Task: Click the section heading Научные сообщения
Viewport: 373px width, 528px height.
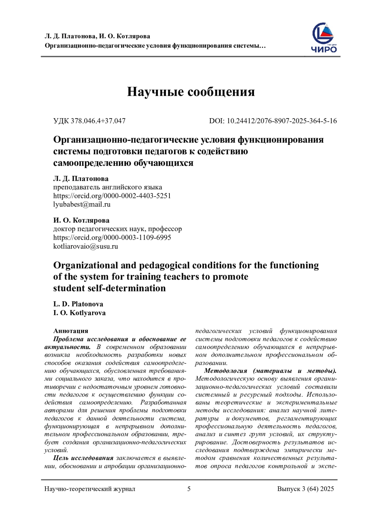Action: point(191,92)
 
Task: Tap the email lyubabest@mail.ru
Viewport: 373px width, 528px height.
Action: point(82,204)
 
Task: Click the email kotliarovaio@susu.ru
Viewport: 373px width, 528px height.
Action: point(85,246)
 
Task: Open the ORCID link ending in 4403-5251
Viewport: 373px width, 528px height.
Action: point(112,196)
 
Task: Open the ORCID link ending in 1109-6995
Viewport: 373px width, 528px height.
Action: point(112,238)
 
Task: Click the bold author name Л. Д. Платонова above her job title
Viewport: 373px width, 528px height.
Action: point(81,179)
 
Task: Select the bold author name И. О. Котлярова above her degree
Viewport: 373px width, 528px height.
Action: point(81,220)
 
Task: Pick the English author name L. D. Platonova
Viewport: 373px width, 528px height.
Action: point(78,304)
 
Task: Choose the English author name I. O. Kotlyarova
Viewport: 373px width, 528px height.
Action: point(79,313)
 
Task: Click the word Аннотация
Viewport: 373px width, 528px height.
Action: point(71,331)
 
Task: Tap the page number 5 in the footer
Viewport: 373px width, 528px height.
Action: point(189,489)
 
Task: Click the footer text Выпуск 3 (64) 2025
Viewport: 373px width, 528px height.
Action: point(305,489)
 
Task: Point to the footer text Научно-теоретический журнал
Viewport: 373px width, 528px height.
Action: point(90,489)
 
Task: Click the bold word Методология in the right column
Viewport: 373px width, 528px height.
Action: point(226,371)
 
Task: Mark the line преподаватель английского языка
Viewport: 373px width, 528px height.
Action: point(108,187)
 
